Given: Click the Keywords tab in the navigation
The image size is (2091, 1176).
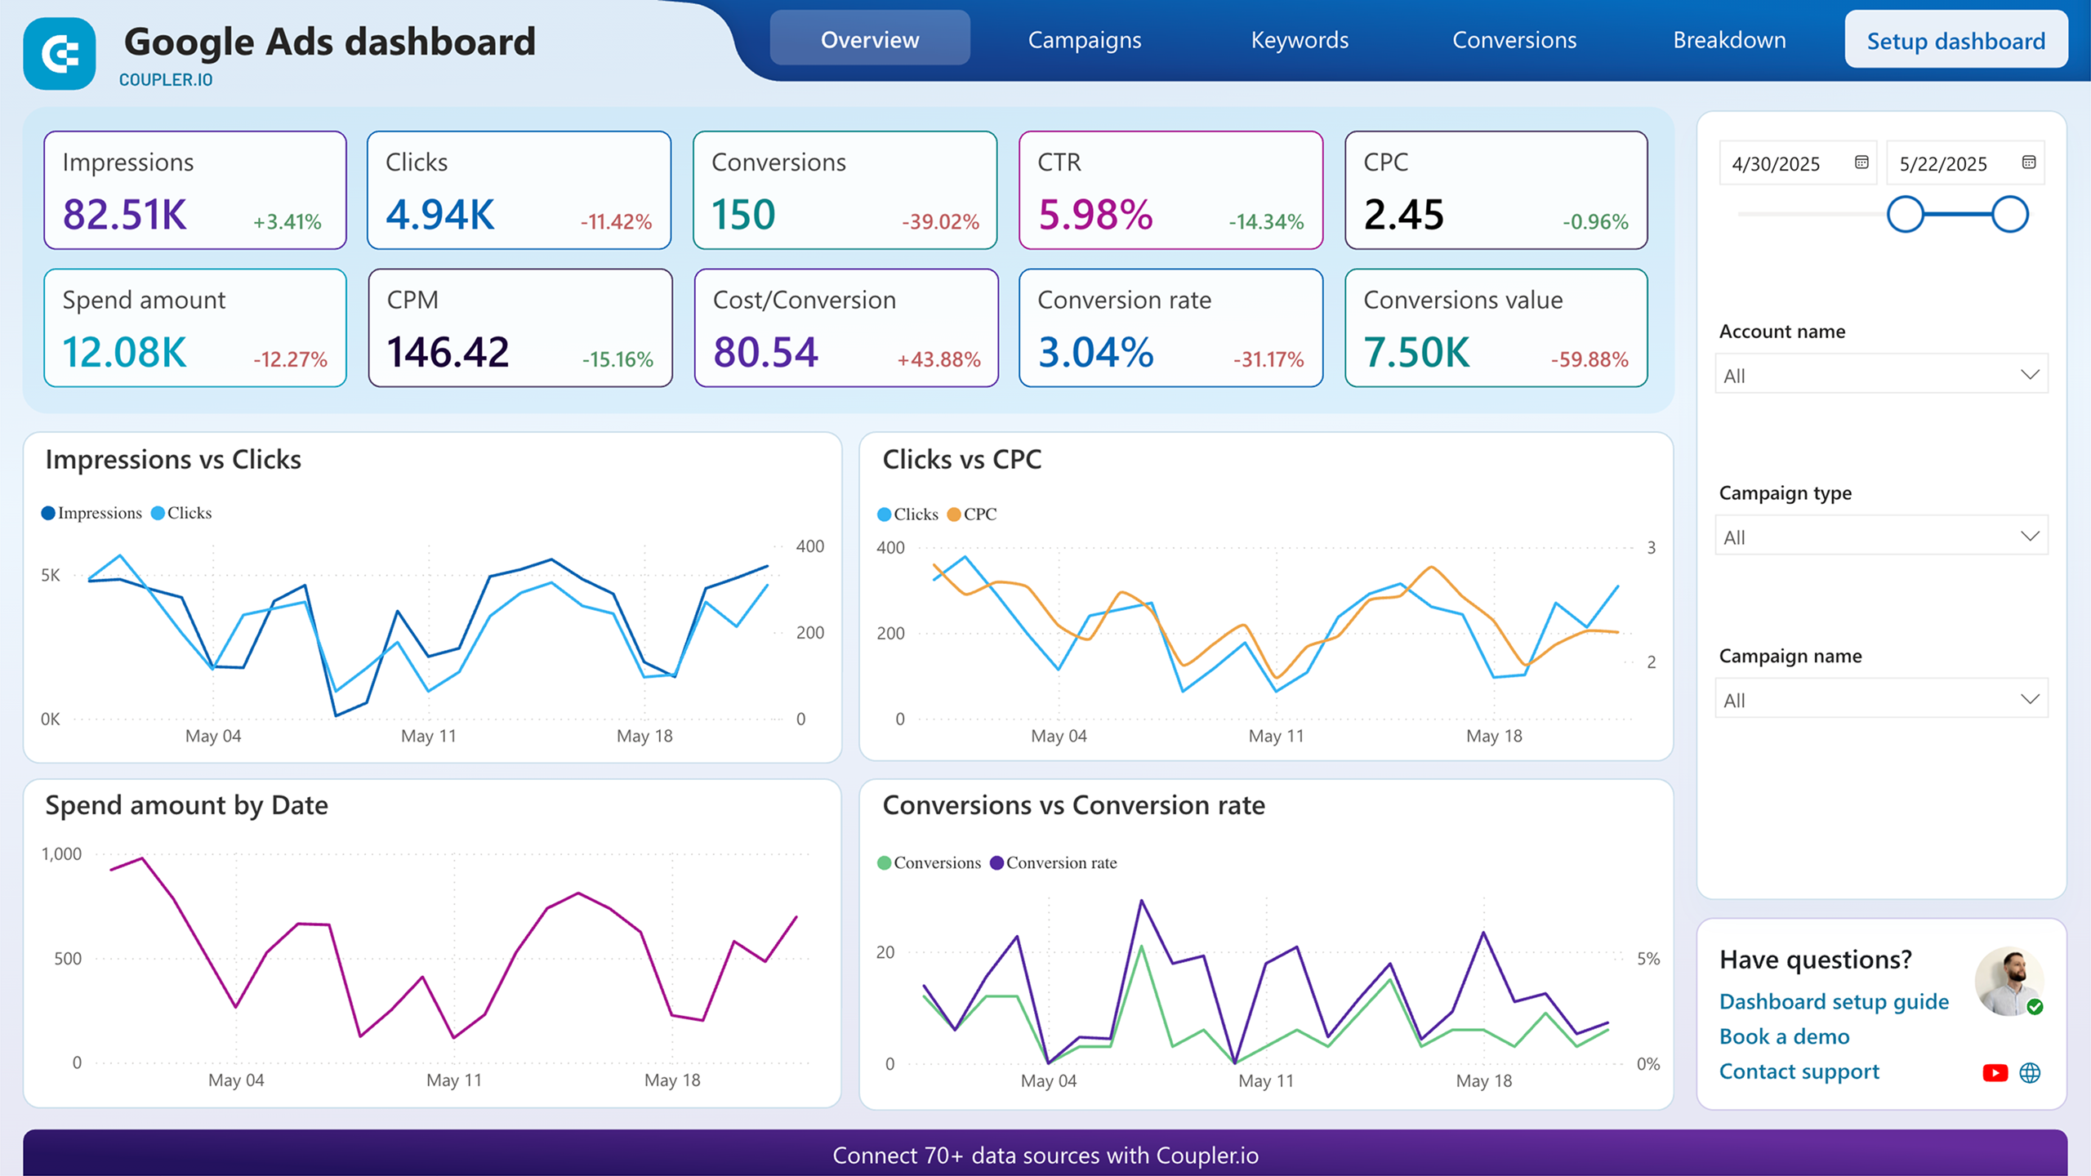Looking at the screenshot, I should [x=1299, y=40].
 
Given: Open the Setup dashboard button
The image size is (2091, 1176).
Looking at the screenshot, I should [x=1955, y=41].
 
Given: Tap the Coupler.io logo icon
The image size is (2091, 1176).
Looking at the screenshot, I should [x=60, y=54].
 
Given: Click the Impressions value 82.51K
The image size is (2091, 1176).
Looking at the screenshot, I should [x=125, y=215].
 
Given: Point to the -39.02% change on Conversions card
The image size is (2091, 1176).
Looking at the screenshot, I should [x=939, y=222].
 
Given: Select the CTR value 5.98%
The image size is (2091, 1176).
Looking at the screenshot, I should [x=1095, y=215].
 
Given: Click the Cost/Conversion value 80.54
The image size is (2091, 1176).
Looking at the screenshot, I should [x=765, y=353].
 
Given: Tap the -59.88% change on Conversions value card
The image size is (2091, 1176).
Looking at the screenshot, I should [x=1589, y=359].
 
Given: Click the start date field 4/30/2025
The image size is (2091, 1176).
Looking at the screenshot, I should [x=1776, y=164].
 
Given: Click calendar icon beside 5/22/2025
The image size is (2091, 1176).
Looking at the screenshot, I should [x=2028, y=163].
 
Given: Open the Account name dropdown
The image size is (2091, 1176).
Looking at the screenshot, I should [x=1880, y=375].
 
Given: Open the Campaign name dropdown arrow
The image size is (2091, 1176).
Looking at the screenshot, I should [x=2029, y=699].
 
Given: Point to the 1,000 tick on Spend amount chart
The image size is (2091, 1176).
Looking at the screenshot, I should [x=62, y=854].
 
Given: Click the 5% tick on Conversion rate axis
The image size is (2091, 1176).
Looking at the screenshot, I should [x=1647, y=959].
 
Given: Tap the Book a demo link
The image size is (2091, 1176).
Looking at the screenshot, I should [x=1784, y=1036].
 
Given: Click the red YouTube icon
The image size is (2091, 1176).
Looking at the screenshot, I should [x=1994, y=1072].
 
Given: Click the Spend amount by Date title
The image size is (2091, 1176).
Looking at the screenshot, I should [x=186, y=805].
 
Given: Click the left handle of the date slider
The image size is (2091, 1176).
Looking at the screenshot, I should [x=1905, y=215].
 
